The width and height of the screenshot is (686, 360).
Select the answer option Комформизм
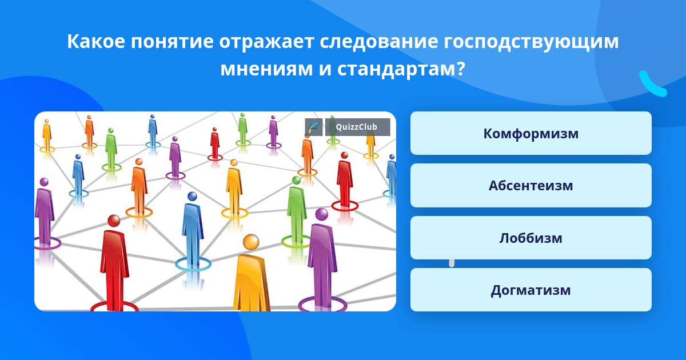[531, 133]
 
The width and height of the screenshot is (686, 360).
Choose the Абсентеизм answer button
[531, 186]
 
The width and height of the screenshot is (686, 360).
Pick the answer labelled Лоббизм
[531, 238]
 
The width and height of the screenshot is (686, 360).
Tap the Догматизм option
[531, 290]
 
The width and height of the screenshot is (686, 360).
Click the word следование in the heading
[379, 42]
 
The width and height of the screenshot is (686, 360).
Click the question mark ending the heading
[460, 69]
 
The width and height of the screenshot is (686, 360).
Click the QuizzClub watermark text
[356, 127]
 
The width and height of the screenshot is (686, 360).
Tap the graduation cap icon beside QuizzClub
[314, 127]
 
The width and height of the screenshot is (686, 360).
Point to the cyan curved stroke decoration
[652, 84]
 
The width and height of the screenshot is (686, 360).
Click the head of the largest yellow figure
[251, 242]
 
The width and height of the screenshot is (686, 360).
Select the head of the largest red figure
[114, 221]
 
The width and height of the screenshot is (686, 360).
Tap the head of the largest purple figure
[321, 214]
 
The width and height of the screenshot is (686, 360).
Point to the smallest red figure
[215, 143]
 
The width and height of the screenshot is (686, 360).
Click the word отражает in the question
[266, 42]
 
